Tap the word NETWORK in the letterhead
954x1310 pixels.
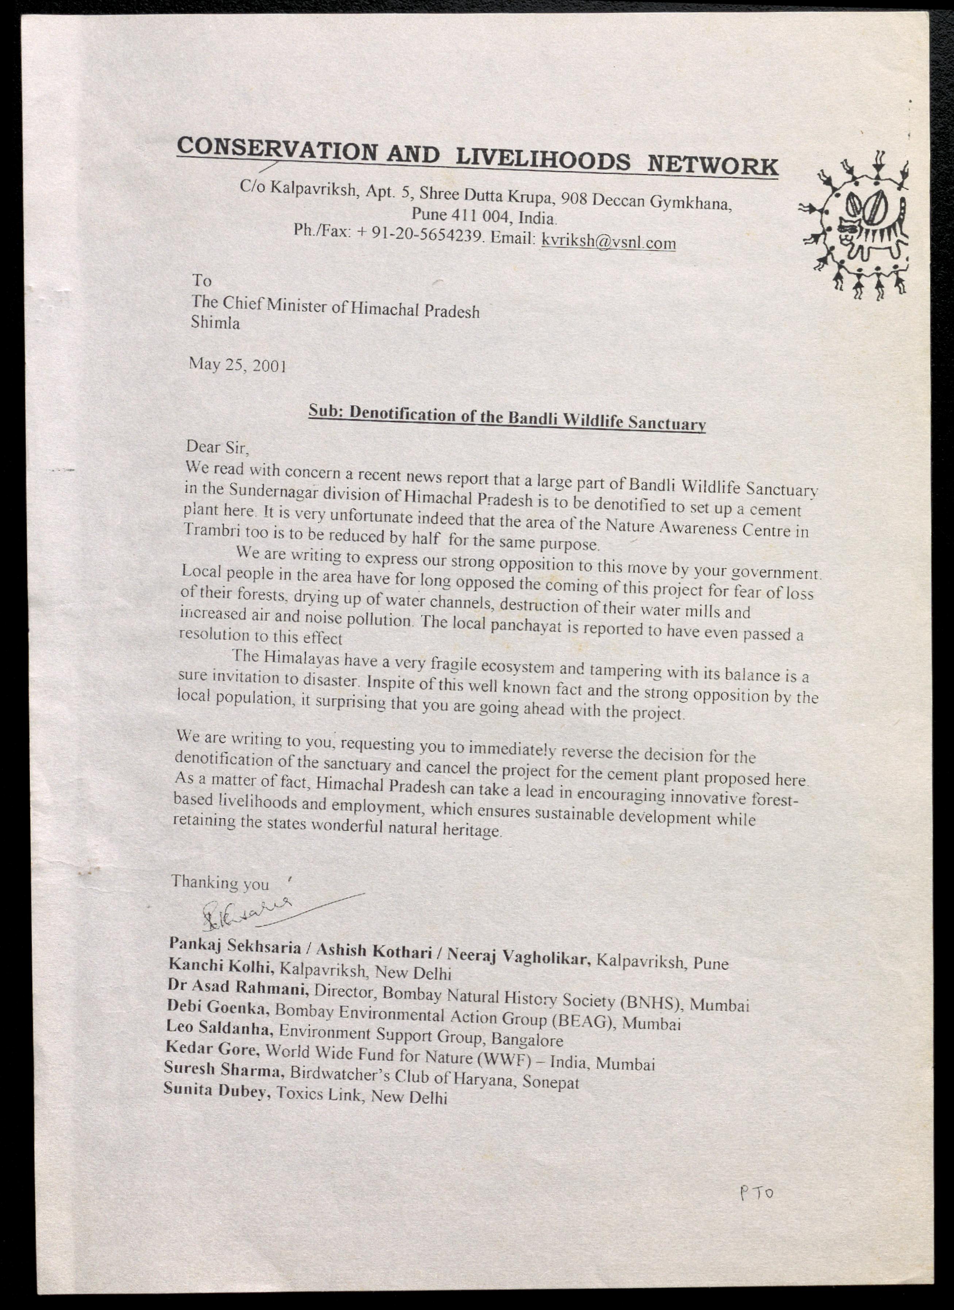point(712,166)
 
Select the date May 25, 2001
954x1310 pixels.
point(237,365)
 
